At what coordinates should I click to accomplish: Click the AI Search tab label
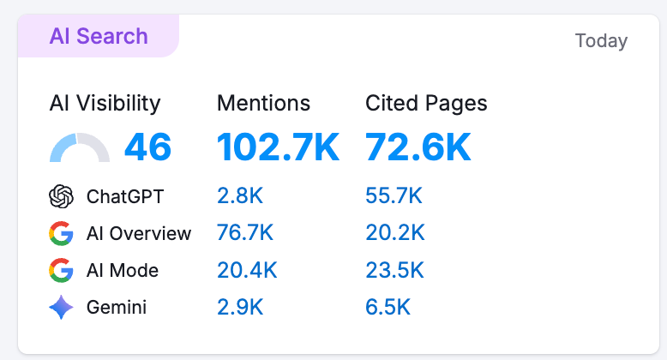[99, 37]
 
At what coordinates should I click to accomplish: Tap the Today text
[601, 40]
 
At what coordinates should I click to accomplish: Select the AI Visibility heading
[105, 104]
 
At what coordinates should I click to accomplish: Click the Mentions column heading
[263, 104]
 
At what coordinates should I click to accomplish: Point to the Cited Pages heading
[426, 104]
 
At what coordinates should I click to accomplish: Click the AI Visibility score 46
[147, 147]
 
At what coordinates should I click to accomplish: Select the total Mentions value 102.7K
[278, 147]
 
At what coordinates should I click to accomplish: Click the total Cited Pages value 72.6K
[418, 147]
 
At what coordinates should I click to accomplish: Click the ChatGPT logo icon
[61, 196]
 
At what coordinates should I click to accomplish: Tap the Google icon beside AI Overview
[61, 233]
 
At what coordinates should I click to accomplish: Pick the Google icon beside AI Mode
[61, 270]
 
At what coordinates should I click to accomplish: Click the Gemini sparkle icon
[61, 307]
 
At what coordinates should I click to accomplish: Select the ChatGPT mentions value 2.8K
[240, 196]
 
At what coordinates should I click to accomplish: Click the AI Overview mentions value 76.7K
[245, 233]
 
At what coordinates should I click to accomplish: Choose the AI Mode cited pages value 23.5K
[394, 270]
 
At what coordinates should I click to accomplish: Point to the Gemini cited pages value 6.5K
[388, 307]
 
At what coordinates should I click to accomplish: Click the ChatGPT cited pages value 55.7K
[394, 196]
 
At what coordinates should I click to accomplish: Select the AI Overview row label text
[139, 233]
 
